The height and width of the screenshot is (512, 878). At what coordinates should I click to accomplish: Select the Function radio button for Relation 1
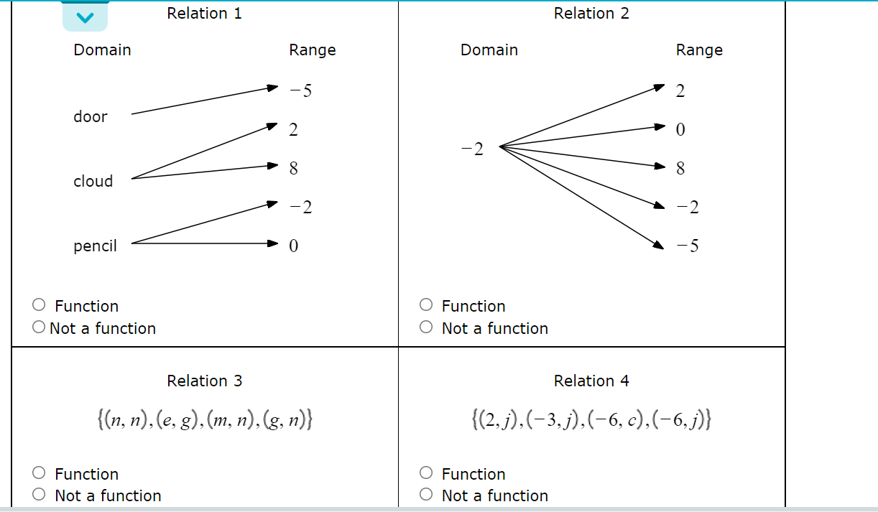point(39,305)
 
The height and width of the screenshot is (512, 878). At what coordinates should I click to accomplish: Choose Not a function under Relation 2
point(426,327)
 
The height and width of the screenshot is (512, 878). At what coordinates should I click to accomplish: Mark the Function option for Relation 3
point(39,473)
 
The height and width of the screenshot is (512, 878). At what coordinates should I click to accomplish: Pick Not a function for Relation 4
point(426,495)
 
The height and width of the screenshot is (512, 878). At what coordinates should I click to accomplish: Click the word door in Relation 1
point(90,116)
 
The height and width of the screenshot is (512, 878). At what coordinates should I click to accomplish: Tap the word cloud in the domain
point(93,181)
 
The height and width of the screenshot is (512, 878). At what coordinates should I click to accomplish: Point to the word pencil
point(95,246)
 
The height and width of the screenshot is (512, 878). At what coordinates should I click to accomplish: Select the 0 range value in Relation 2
point(680,129)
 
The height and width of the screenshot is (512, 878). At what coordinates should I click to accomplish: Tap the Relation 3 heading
point(204,381)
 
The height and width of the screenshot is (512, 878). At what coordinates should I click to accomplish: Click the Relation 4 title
point(591,381)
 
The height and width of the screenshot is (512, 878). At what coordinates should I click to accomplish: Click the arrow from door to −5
point(204,101)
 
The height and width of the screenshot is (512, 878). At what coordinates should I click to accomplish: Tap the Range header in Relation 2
point(698,50)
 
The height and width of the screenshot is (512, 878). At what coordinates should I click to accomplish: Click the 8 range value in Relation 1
point(293,168)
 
